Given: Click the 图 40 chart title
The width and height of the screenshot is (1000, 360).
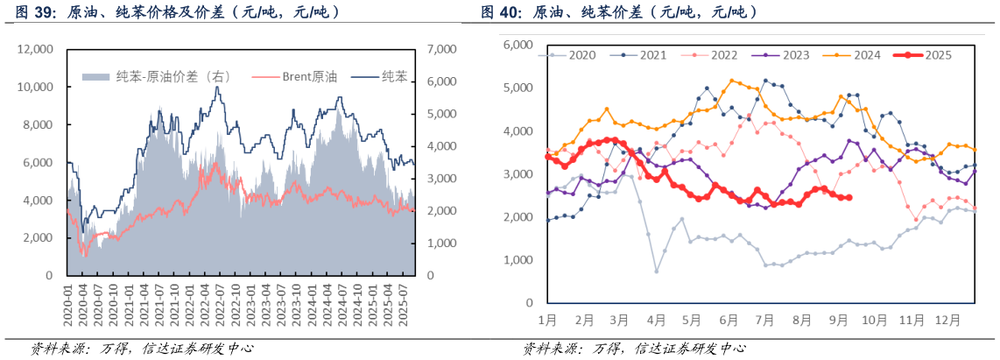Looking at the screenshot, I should tap(619, 13).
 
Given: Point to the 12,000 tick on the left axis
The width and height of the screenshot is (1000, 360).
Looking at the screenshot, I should tap(35, 50).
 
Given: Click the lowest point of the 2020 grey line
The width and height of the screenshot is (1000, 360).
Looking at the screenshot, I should tap(657, 271).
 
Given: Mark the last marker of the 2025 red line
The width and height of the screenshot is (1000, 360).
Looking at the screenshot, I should tap(850, 197).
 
